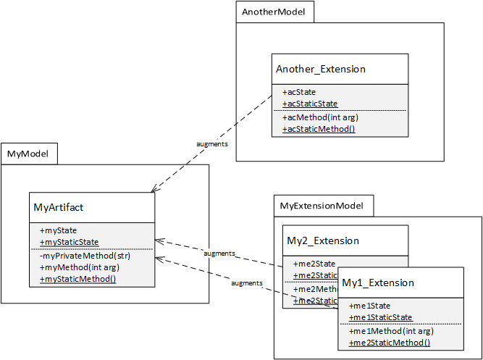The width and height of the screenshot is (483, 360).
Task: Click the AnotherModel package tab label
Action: [273, 12]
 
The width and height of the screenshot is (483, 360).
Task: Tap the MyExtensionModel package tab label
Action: [323, 206]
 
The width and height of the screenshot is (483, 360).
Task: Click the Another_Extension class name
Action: [321, 69]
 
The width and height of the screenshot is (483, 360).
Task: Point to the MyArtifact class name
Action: [59, 207]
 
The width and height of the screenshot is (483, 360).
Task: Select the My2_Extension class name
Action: [323, 240]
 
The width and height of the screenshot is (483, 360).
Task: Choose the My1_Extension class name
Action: [378, 282]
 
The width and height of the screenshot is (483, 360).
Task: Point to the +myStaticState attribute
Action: [70, 242]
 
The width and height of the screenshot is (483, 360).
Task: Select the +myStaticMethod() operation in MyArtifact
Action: [77, 279]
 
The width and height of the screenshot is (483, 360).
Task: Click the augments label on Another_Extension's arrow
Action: [212, 144]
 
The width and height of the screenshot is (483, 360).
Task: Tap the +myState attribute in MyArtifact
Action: [58, 230]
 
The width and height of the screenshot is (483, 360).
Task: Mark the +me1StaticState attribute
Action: [380, 317]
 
